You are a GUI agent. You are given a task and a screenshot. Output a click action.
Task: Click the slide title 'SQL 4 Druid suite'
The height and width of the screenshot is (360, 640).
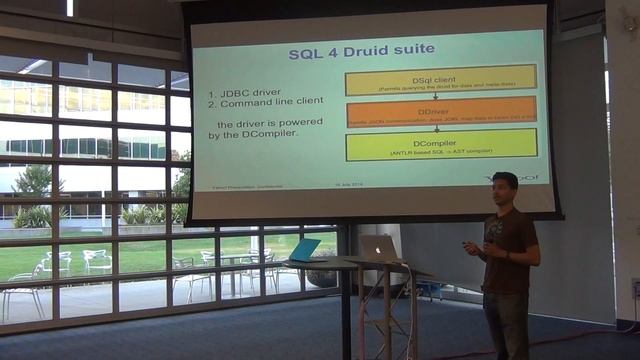point(361,50)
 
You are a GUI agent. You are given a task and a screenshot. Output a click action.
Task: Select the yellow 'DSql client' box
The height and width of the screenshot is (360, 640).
point(441,79)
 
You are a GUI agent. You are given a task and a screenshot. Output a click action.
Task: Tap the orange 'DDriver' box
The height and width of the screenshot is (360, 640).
point(441,111)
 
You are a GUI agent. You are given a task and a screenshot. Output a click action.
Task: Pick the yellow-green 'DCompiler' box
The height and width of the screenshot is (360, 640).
point(441,146)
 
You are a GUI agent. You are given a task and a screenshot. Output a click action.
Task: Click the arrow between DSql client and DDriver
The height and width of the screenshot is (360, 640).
point(441,96)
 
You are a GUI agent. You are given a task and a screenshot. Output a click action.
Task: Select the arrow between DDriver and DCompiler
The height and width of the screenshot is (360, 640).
point(441,129)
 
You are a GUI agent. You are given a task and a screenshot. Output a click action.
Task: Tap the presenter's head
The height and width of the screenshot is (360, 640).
point(505,188)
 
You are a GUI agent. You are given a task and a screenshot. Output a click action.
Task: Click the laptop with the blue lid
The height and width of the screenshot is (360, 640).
point(303,250)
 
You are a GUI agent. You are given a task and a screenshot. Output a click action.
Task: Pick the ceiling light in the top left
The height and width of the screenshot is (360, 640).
point(69,7)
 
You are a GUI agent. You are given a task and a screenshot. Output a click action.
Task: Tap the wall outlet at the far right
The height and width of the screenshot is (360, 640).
point(635,289)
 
